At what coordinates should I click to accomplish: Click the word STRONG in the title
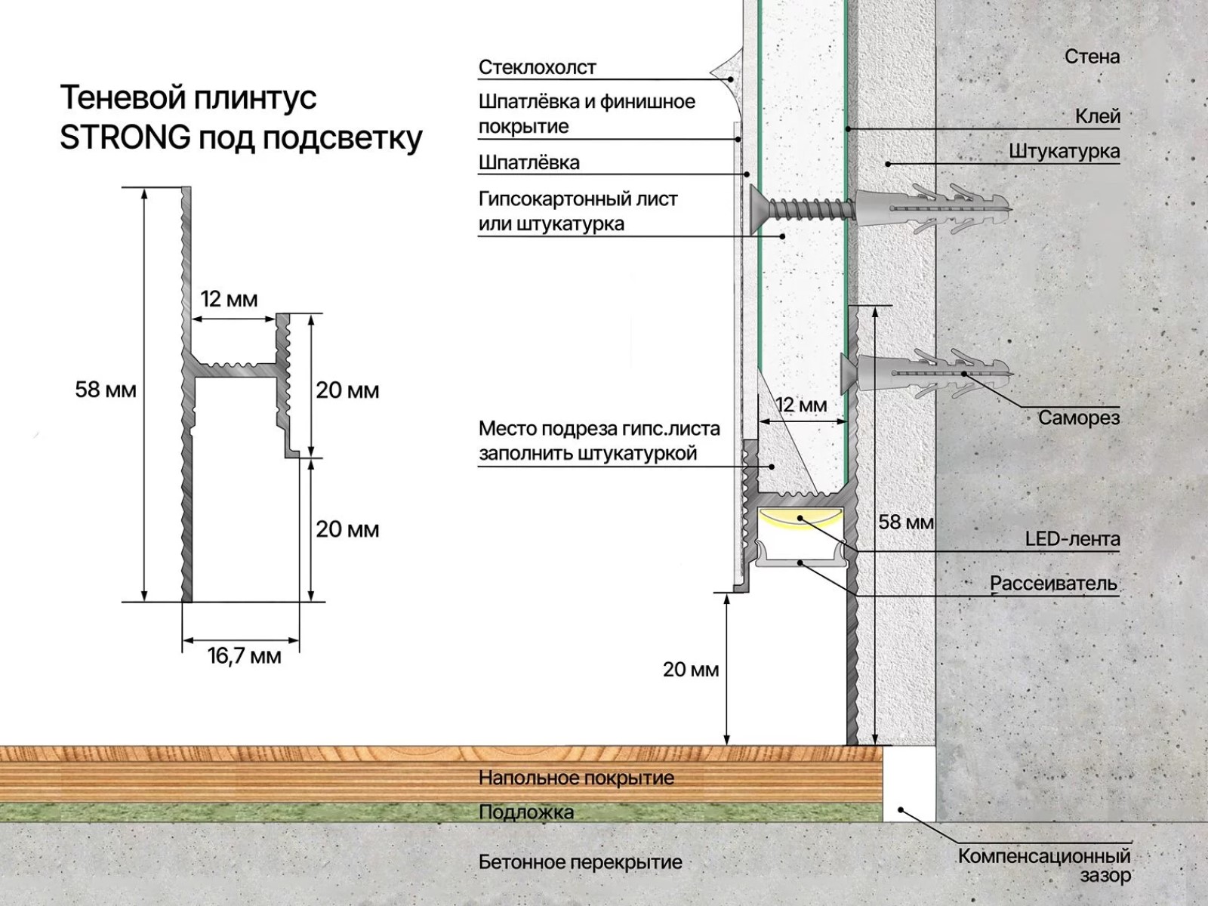125,138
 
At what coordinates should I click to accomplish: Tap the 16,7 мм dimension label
245,656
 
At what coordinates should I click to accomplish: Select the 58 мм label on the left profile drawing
106,390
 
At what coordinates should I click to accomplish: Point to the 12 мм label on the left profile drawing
230,299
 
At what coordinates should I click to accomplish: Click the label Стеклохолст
538,67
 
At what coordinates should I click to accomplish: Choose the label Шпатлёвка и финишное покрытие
587,114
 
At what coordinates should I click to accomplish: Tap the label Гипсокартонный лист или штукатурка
578,211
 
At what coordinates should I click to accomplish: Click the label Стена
1092,57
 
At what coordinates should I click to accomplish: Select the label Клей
1098,116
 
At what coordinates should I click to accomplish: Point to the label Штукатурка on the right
1065,152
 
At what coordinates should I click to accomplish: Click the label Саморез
1079,418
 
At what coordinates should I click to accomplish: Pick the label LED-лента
1072,539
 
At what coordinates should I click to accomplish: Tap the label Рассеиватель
1053,584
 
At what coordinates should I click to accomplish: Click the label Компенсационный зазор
1045,866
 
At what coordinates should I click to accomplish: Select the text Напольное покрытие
576,778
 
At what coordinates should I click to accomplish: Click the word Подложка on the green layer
526,812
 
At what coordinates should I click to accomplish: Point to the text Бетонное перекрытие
581,862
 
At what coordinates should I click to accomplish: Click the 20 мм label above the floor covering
691,670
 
